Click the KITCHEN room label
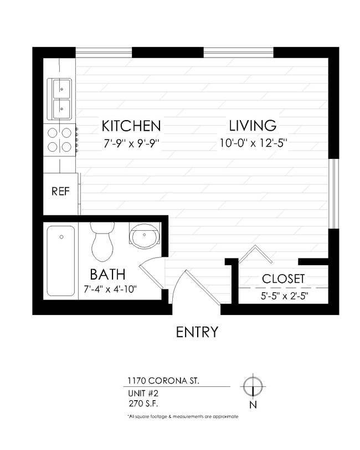(x=131, y=126)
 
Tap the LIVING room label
(x=253, y=126)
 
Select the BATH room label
(x=107, y=274)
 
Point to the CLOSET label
(x=283, y=278)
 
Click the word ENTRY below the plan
(x=197, y=332)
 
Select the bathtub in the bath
(x=61, y=260)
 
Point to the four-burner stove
(x=60, y=139)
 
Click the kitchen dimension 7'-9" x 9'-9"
(x=131, y=143)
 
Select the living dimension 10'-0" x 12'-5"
(x=253, y=143)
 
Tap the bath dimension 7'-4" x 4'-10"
(x=110, y=289)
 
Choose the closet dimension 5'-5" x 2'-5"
(x=285, y=295)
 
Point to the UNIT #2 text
(x=143, y=393)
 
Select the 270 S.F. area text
(x=143, y=403)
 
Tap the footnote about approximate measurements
(x=182, y=416)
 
